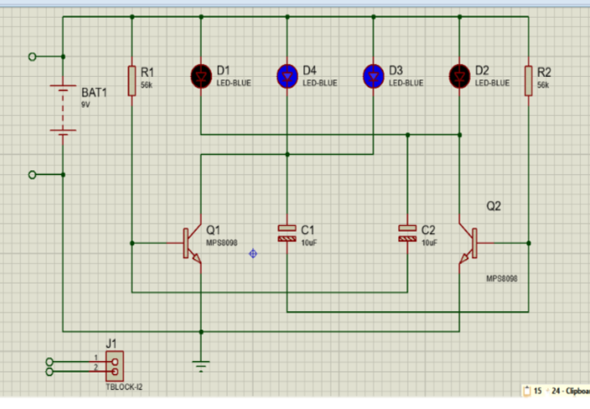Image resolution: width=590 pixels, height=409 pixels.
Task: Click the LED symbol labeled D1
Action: [x=200, y=76]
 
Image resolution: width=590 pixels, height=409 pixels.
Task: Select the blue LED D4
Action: [x=287, y=76]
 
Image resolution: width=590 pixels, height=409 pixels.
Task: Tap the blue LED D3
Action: [x=373, y=76]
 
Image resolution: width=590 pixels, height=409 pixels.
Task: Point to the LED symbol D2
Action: [x=460, y=76]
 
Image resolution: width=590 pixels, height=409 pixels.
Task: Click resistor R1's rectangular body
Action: [x=131, y=81]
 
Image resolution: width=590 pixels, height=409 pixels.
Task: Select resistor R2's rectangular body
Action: [x=528, y=81]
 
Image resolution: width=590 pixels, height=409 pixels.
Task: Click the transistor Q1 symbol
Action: [x=192, y=243]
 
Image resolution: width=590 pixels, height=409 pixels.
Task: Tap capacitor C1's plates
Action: [x=287, y=233]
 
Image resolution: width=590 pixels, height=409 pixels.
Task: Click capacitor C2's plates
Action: [x=408, y=233]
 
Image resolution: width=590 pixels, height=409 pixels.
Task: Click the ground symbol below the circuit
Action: [x=201, y=364]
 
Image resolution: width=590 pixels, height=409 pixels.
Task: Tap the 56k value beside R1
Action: [x=147, y=84]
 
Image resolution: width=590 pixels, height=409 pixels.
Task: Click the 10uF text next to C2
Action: [x=430, y=243]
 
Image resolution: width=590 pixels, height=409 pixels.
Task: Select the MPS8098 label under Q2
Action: [x=502, y=278]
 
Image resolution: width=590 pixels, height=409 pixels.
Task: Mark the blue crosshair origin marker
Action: [x=253, y=253]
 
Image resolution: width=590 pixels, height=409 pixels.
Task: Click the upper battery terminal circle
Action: [x=32, y=57]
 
